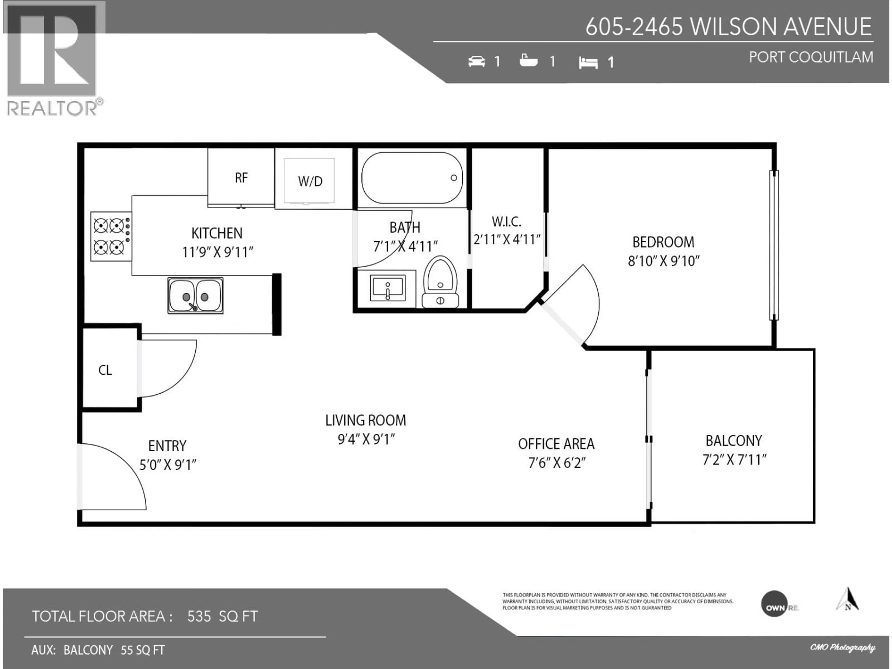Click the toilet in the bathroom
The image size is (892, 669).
tap(440, 282)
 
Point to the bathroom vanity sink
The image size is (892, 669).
tap(387, 288)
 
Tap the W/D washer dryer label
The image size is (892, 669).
tap(310, 181)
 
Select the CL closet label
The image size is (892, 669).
tap(105, 370)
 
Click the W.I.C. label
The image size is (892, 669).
tap(506, 221)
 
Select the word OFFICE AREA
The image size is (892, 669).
tap(556, 444)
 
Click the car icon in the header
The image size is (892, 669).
tap(477, 61)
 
